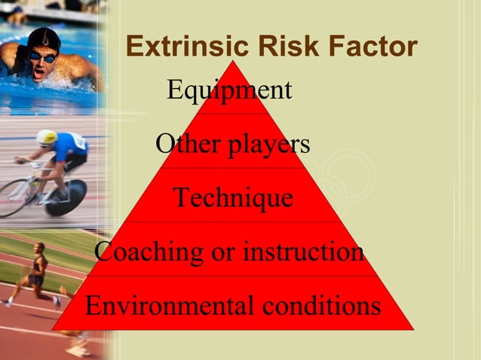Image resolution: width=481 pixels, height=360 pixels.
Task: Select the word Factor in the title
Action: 376,47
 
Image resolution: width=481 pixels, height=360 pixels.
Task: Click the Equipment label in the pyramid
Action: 229,90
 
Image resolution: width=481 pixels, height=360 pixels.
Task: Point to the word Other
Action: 182,143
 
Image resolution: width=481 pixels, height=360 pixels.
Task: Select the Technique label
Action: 233,197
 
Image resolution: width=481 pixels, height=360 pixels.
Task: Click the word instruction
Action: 302,251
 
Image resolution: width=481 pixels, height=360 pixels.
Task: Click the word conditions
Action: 320,306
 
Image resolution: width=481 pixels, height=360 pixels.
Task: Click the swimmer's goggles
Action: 42,56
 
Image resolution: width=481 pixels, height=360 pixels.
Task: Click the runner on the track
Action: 34,275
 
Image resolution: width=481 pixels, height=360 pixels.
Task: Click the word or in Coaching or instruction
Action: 223,252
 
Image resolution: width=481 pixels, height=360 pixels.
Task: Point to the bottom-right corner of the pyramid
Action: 413,329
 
